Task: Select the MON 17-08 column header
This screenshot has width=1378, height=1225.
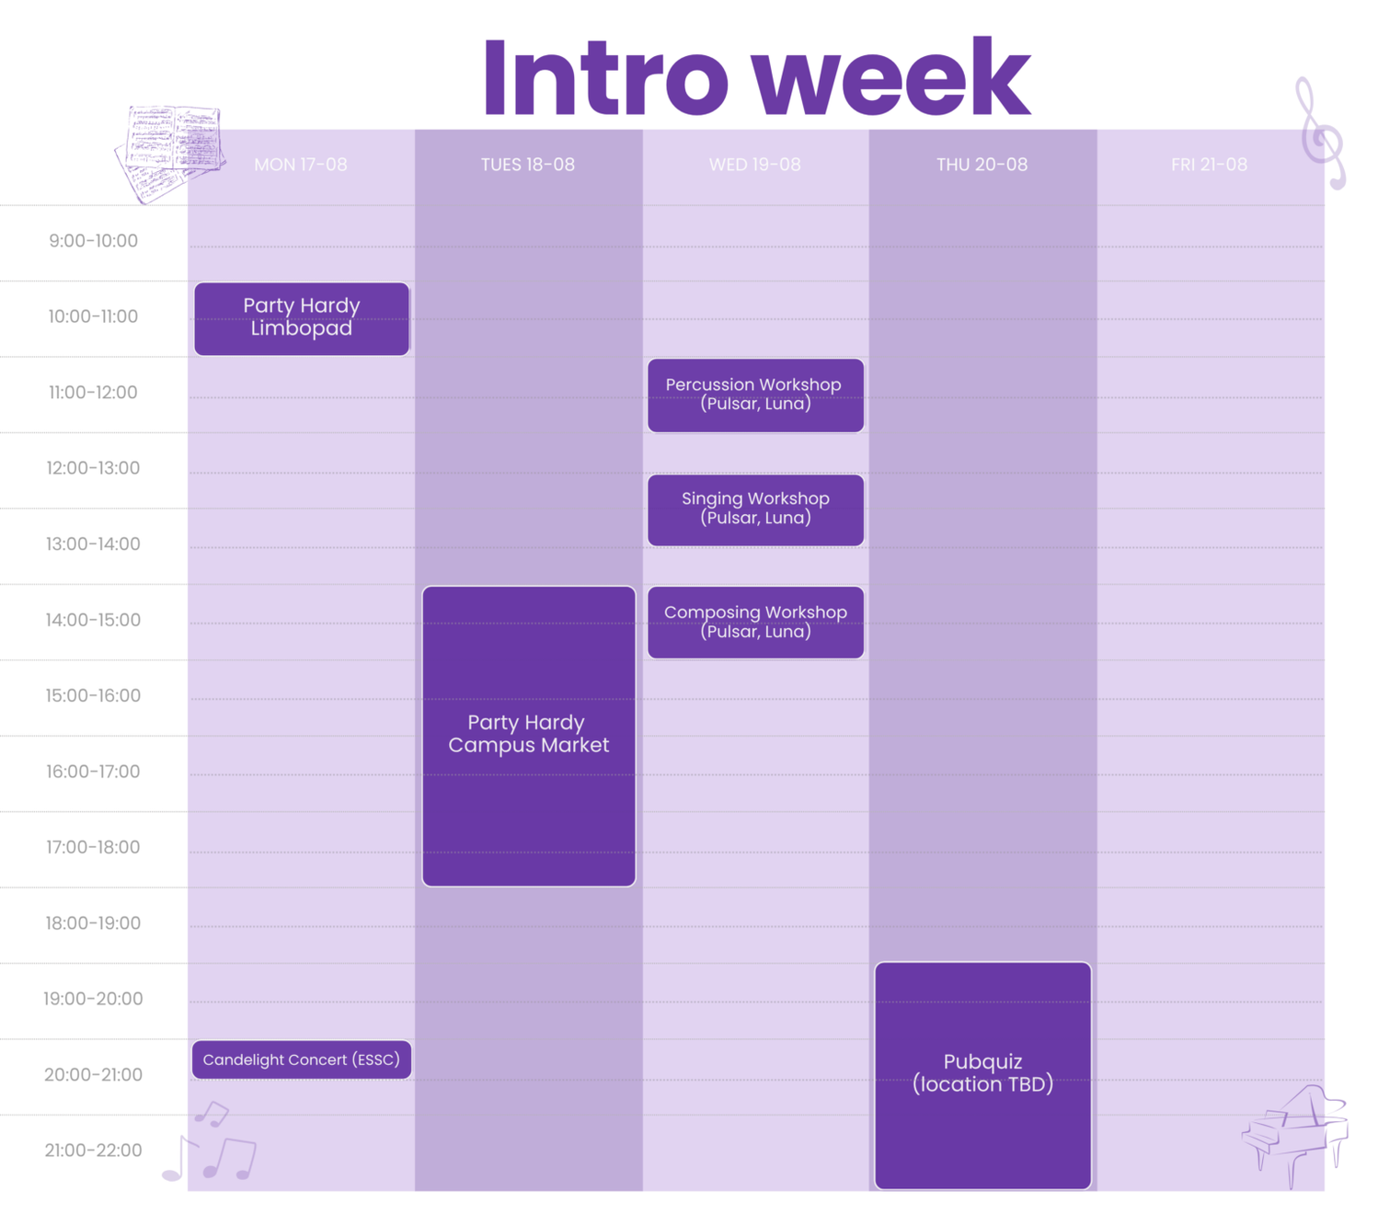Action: tap(301, 165)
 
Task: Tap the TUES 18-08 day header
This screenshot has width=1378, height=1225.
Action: tap(528, 165)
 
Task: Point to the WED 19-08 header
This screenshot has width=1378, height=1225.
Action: tap(755, 165)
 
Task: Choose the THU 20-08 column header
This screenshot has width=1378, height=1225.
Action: tap(982, 165)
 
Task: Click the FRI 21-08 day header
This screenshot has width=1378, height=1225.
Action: tap(1210, 165)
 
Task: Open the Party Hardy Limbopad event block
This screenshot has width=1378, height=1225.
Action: tap(302, 319)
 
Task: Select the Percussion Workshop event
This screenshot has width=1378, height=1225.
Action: tap(755, 395)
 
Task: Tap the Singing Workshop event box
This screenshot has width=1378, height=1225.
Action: tap(755, 510)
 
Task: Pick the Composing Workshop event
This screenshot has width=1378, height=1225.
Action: tap(755, 623)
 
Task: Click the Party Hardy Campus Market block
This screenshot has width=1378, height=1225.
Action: tap(529, 737)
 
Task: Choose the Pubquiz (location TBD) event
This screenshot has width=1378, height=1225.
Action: tap(982, 1076)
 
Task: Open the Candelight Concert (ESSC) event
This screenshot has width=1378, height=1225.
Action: tap(302, 1059)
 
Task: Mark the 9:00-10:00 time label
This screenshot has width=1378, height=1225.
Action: tap(93, 241)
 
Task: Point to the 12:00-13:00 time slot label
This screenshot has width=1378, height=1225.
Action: tap(93, 468)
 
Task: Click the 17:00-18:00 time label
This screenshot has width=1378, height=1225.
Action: tap(93, 848)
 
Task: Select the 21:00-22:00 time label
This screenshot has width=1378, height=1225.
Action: tap(93, 1151)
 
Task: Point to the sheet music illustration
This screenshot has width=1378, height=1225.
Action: tap(171, 154)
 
